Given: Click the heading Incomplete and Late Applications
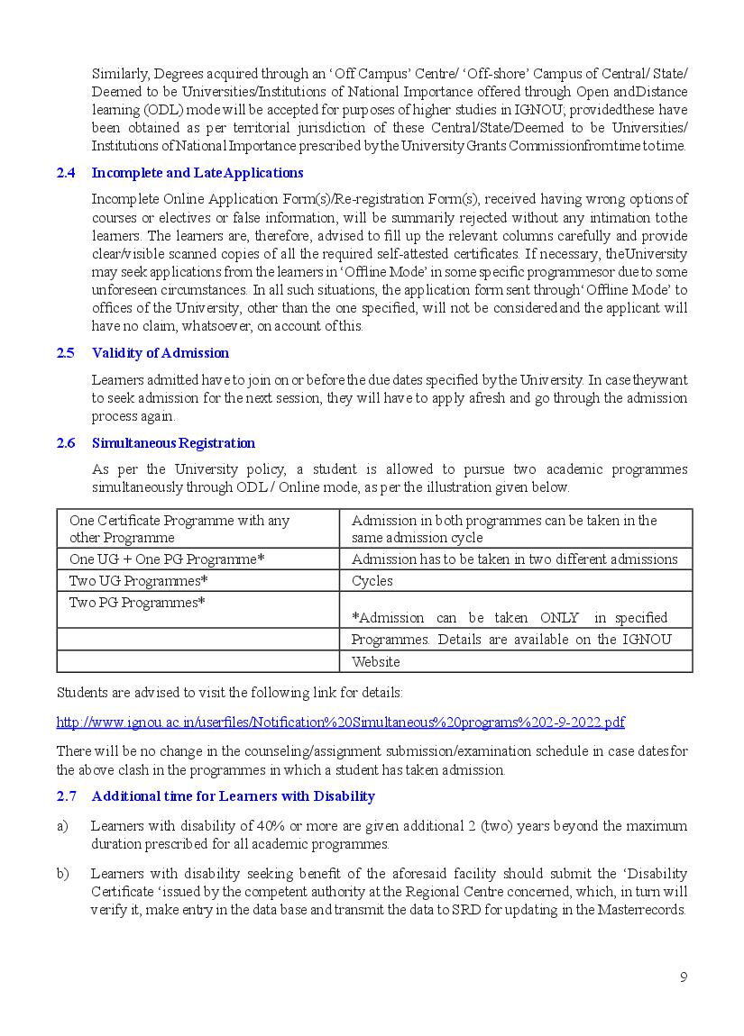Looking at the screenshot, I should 197,173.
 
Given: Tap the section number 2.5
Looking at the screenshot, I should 65,353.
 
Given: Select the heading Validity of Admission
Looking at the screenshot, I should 161,353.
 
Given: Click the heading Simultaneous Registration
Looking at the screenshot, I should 173,443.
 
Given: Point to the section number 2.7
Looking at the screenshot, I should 66,796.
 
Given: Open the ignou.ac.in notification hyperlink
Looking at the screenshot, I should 340,722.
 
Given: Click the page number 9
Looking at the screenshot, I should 684,977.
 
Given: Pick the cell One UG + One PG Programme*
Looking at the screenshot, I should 167,559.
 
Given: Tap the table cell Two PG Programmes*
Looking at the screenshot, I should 137,603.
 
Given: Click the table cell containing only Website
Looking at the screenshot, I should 375,662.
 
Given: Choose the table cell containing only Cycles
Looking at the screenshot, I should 372,581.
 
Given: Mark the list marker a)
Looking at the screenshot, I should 62,826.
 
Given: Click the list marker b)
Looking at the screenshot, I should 62,874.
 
